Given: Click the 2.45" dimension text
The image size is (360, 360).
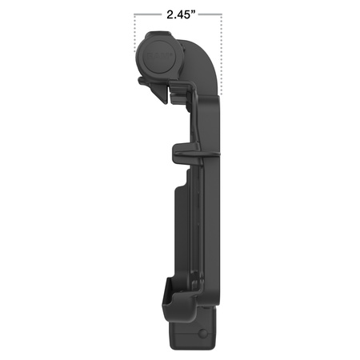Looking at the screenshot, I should point(179,14).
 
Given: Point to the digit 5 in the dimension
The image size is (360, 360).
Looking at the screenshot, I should point(190,14).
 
